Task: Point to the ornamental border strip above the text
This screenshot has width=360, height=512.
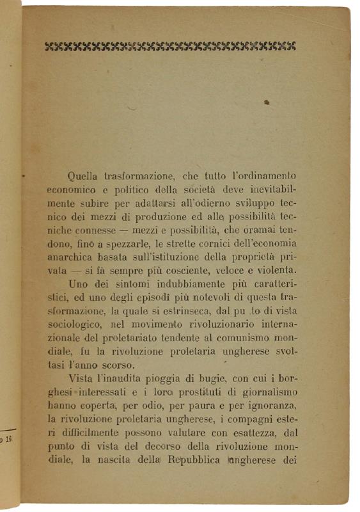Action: [171, 46]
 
